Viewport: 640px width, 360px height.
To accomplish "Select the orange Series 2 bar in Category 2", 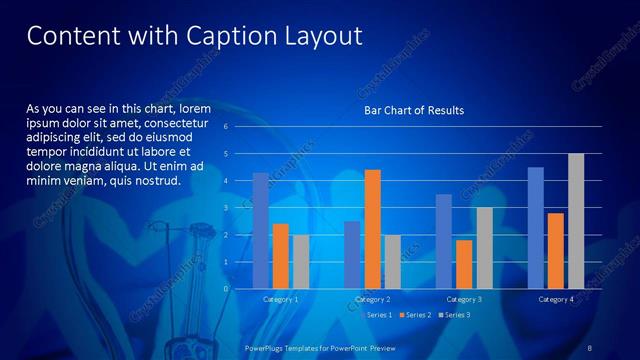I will coord(372,229).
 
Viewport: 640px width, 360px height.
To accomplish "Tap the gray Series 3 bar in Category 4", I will coord(576,221).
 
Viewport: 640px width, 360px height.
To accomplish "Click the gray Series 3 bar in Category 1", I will coord(301,262).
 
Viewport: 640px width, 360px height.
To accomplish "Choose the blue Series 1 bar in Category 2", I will coord(352,255).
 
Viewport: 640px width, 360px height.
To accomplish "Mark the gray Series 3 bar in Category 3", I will coord(484,248).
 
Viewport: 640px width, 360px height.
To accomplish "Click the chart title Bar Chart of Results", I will coord(414,110).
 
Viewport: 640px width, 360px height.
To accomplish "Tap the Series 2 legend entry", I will coord(416,315).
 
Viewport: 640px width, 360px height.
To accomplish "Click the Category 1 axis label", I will coord(280,299).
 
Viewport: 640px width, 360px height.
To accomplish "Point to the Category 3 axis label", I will coord(463,299).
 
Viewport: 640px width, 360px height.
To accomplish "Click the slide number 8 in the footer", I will coord(590,347).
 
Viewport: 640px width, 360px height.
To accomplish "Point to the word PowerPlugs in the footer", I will coord(268,347).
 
